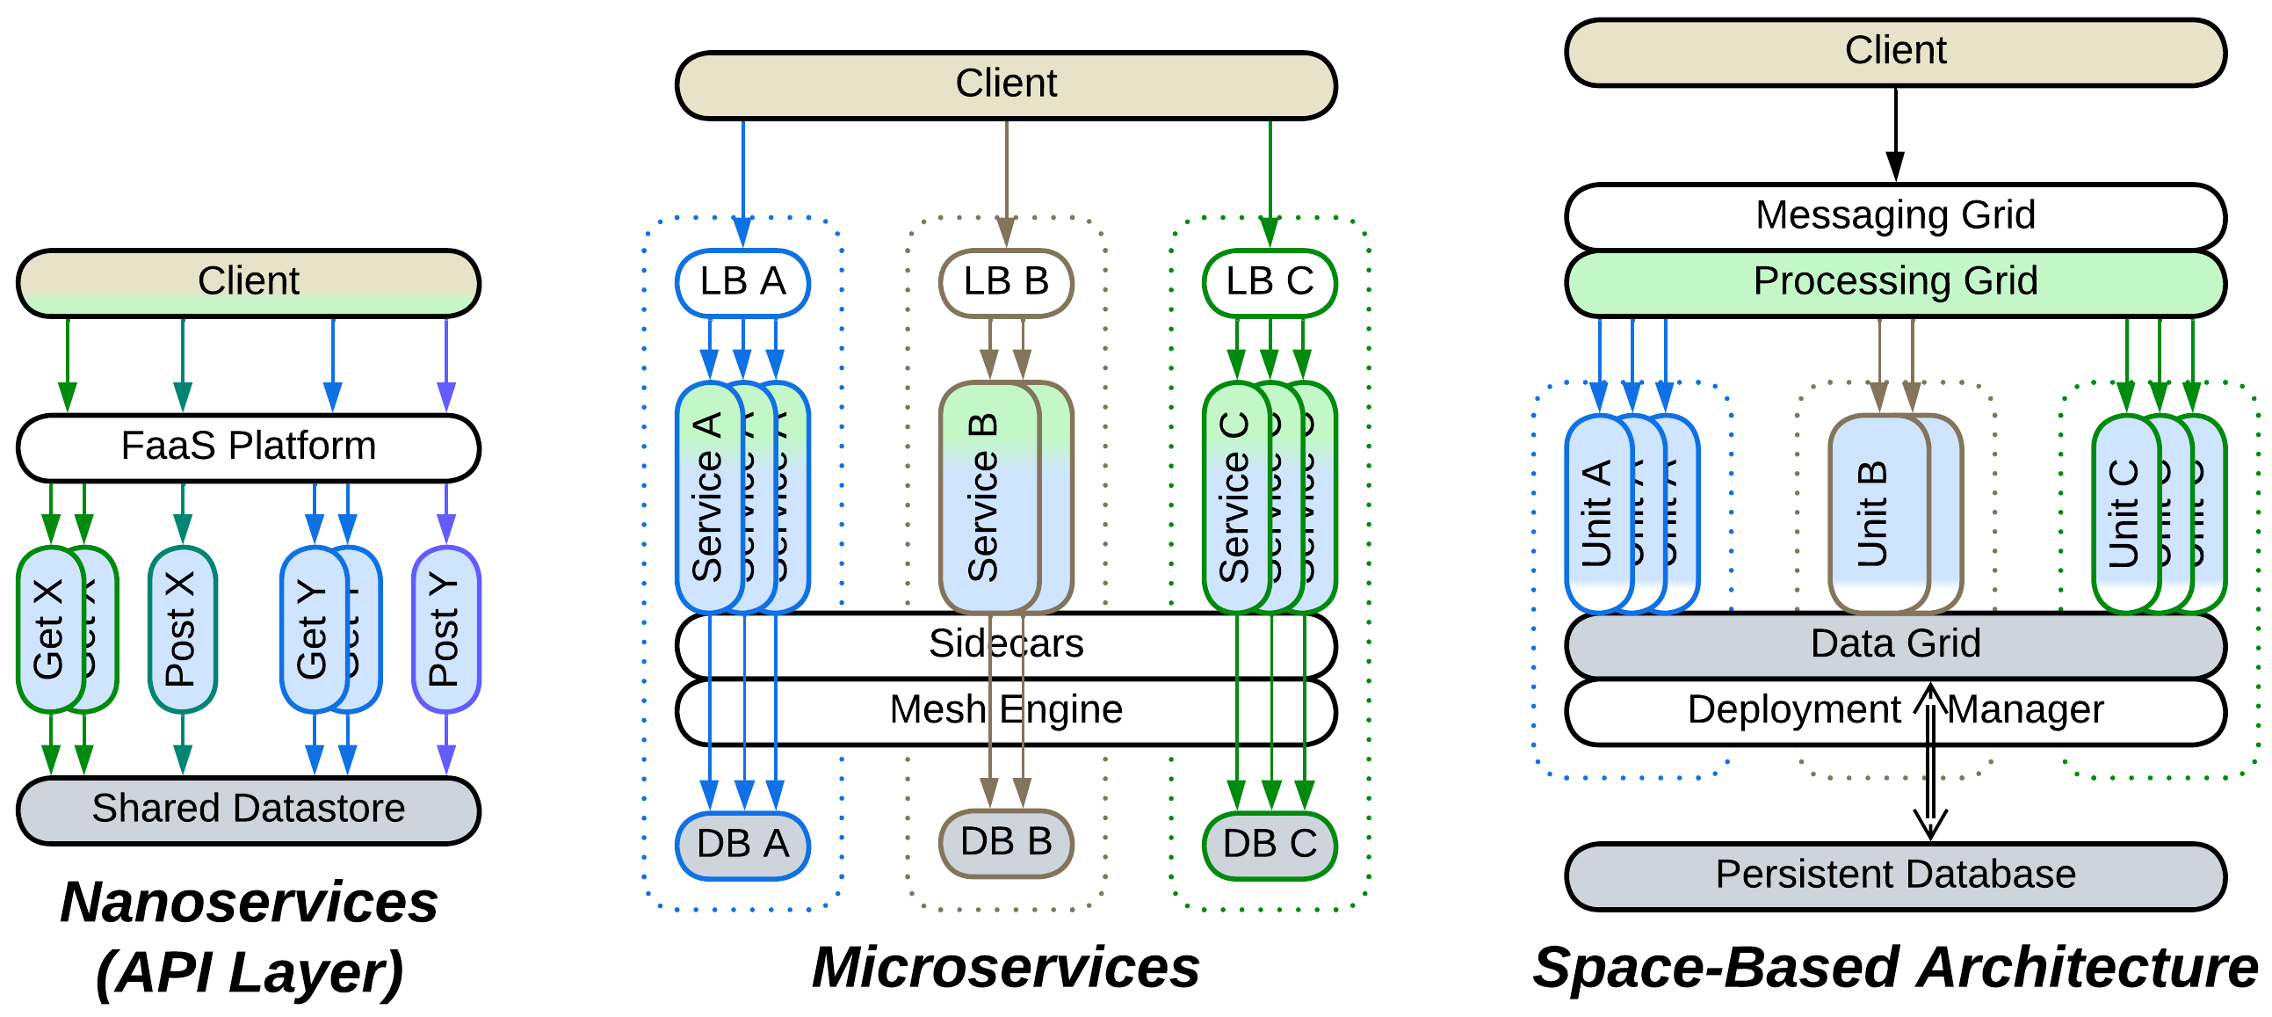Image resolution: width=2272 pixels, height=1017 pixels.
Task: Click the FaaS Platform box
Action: coord(248,447)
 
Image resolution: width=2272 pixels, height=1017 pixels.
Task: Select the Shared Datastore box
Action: coord(248,810)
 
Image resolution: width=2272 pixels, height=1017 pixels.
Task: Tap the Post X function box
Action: coord(182,628)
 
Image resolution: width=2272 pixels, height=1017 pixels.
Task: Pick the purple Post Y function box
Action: coord(445,628)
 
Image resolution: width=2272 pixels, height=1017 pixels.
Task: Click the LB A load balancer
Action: coord(742,282)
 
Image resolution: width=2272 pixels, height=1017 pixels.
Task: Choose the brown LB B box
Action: coord(1005,282)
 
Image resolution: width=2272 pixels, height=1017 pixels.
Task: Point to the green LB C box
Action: coord(1270,282)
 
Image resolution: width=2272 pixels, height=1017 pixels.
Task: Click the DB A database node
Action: coord(742,844)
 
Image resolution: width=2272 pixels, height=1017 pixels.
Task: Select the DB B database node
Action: coord(1005,842)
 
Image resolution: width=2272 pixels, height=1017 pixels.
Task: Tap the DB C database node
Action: coord(1270,844)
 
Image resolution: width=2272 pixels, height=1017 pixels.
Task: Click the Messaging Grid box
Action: coord(1894,215)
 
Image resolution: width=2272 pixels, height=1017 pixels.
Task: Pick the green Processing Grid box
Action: coord(1894,282)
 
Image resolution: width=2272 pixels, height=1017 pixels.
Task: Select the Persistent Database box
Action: coord(1894,875)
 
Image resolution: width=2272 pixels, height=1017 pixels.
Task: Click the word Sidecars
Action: coord(1005,644)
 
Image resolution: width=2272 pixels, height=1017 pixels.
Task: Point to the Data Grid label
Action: coord(1894,644)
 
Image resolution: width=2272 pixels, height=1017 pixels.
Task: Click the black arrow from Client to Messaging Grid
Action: coord(1894,133)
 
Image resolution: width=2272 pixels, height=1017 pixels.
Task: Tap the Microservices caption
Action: coord(1005,968)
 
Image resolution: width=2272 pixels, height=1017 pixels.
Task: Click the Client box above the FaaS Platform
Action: coord(248,282)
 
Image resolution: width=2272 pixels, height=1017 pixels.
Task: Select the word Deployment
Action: coord(1793,710)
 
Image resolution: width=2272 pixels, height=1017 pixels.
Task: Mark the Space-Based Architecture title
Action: coord(1894,968)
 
